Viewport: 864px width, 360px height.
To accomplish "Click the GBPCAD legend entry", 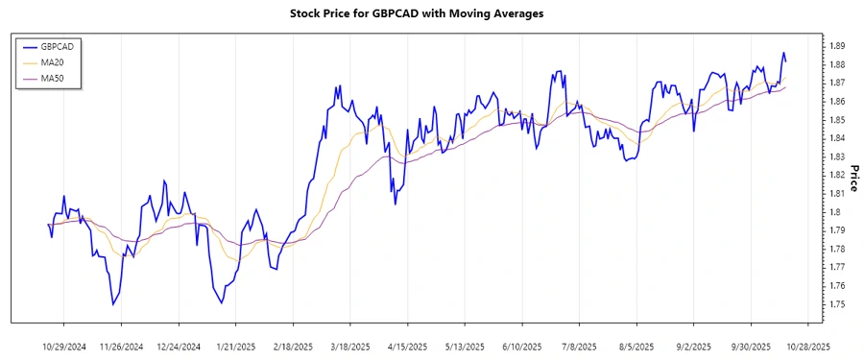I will coord(56,45).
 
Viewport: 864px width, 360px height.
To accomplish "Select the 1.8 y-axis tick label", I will coord(833,212).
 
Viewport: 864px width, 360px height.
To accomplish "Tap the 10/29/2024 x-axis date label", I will coord(64,346).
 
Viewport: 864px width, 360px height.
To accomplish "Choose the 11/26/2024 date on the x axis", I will coord(121,346).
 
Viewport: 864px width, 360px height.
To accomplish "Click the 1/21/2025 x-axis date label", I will coord(235,346).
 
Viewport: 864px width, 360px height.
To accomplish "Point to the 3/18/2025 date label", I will coord(349,346).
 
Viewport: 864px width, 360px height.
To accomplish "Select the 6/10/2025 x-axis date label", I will coord(521,346).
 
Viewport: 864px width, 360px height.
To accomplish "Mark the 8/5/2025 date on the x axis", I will coord(636,346).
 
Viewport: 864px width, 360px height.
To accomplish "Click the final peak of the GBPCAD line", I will coord(783,53).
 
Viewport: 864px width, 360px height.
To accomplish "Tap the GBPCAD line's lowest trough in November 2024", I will coord(113,304).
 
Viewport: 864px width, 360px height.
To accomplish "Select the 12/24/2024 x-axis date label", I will coord(179,346).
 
